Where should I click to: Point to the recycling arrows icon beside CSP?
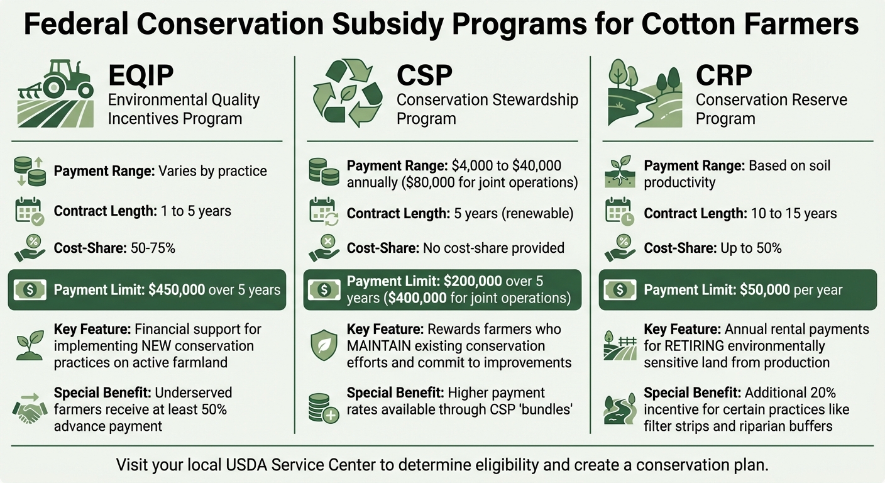point(348,93)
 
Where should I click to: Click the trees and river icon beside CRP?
point(644,93)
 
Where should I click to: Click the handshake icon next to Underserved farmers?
point(30,409)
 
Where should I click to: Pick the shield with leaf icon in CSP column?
point(324,345)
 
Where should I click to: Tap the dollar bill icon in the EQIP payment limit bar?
point(30,290)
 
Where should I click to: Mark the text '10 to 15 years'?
point(793,213)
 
